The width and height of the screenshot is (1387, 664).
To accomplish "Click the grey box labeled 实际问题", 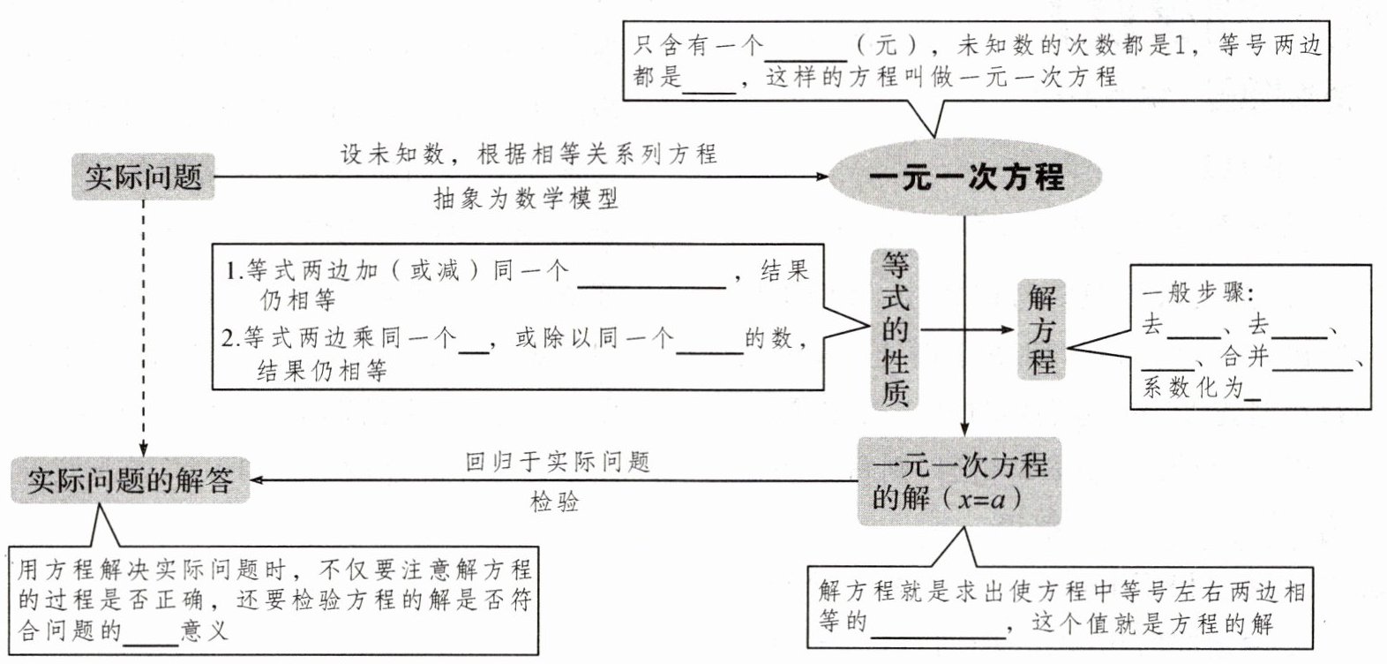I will [x=143, y=177].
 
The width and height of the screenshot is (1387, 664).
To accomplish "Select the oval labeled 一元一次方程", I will [x=965, y=177].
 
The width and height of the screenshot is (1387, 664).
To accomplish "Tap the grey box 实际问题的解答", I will [x=130, y=480].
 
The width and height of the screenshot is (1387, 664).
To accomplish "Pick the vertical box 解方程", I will [x=1041, y=329].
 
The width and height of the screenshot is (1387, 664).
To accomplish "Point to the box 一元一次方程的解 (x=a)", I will [x=959, y=482].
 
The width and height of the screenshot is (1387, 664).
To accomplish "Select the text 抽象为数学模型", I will [x=526, y=200].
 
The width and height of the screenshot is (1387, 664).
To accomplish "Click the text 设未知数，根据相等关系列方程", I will [x=529, y=155].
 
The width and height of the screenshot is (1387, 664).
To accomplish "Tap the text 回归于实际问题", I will [x=557, y=462].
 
